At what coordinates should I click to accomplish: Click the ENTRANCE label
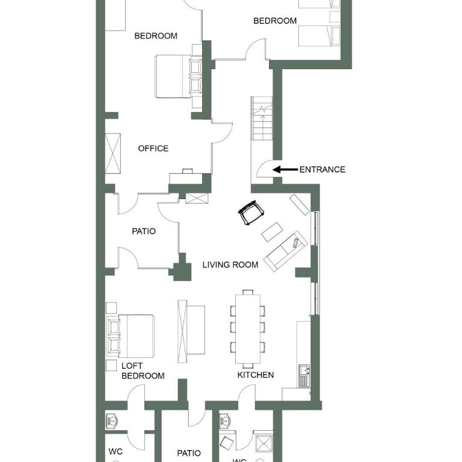click(x=322, y=170)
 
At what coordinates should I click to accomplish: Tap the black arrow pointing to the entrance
click(x=285, y=170)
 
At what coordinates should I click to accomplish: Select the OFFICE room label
click(x=153, y=149)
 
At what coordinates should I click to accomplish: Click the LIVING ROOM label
click(x=230, y=265)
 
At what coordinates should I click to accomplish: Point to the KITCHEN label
click(x=256, y=375)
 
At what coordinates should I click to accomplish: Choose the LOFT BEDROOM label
click(x=143, y=371)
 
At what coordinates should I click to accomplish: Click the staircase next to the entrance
click(x=262, y=118)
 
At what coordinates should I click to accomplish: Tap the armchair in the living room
click(x=251, y=212)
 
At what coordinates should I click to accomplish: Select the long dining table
click(x=248, y=329)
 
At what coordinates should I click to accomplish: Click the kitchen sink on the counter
click(x=304, y=375)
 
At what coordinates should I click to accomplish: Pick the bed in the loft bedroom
click(x=131, y=336)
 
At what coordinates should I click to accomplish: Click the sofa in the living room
click(x=286, y=251)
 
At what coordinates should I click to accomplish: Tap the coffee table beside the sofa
click(x=273, y=232)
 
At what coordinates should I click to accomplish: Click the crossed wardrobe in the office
click(x=113, y=153)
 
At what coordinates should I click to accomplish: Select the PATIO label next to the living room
click(x=144, y=231)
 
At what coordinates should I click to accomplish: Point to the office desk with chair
click(x=186, y=177)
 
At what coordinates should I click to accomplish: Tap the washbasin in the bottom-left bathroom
click(x=112, y=421)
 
